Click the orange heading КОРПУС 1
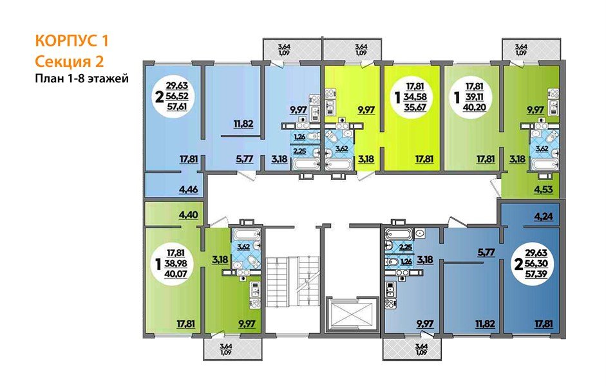point(71,41)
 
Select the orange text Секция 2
point(68,61)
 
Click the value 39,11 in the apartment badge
point(477,95)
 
